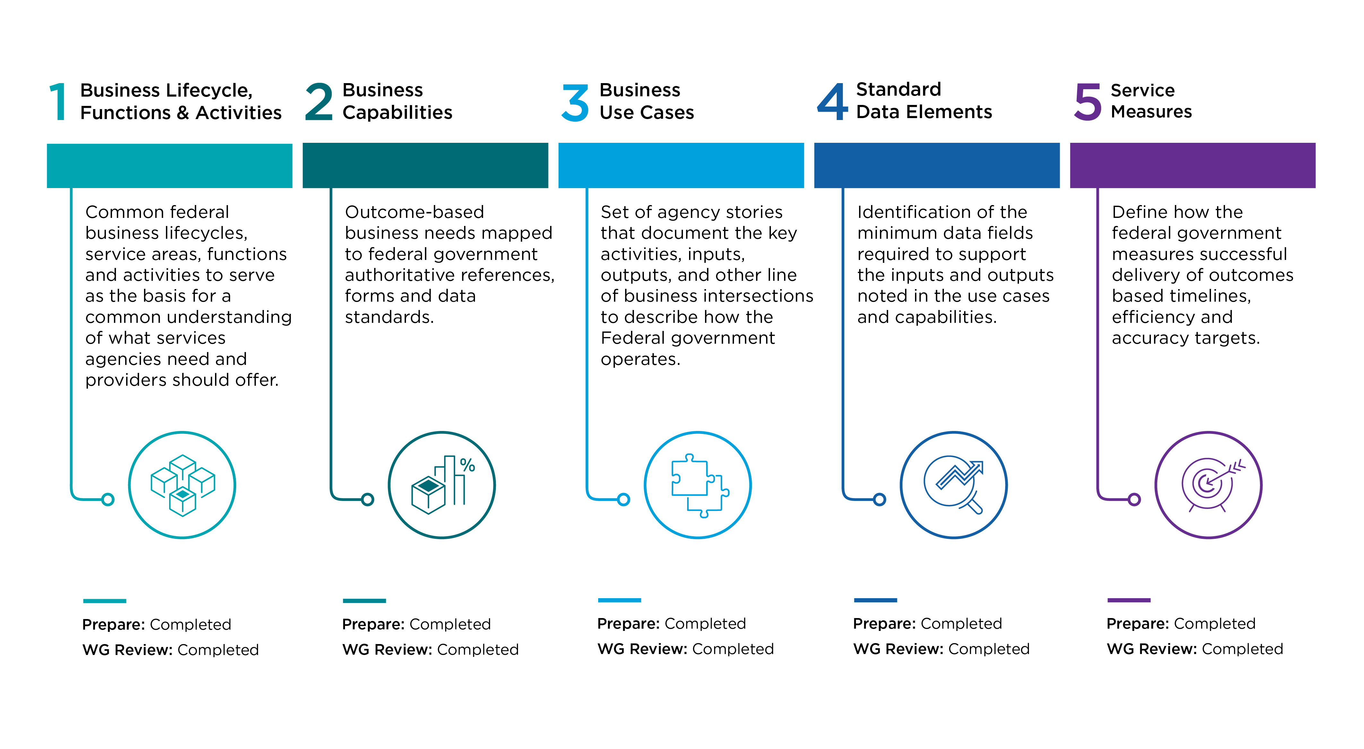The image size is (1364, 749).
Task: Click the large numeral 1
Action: pyautogui.click(x=58, y=102)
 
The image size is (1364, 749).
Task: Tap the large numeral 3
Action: pyautogui.click(x=575, y=103)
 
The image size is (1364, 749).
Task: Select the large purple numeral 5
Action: pyautogui.click(x=1088, y=102)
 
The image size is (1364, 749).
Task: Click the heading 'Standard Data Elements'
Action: pyautogui.click(x=924, y=100)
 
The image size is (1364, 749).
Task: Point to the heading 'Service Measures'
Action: pyautogui.click(x=1151, y=100)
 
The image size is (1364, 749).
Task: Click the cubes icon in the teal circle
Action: pyautogui.click(x=183, y=485)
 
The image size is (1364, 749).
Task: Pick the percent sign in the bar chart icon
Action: pyautogui.click(x=468, y=465)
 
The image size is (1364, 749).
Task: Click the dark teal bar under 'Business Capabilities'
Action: pyautogui.click(x=425, y=165)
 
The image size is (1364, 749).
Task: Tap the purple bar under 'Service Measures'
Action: pyautogui.click(x=1192, y=165)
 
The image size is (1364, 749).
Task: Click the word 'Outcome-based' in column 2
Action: pyautogui.click(x=415, y=212)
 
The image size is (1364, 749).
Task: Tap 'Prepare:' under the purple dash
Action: pyautogui.click(x=1138, y=624)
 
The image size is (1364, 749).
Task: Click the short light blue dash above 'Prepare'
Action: pyautogui.click(x=619, y=600)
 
